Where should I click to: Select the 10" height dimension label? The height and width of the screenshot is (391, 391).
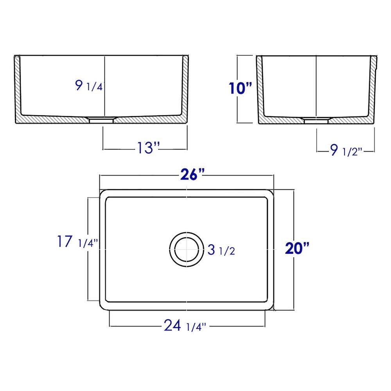[x=240, y=89]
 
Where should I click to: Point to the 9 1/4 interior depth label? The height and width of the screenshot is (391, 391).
[x=89, y=86]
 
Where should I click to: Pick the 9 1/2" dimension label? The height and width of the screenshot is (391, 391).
[x=346, y=150]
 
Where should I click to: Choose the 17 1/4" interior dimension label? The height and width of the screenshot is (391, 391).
[x=77, y=242]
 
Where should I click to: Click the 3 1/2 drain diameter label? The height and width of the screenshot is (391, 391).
[x=221, y=250]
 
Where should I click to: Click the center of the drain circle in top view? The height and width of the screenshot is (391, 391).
[x=187, y=248]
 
